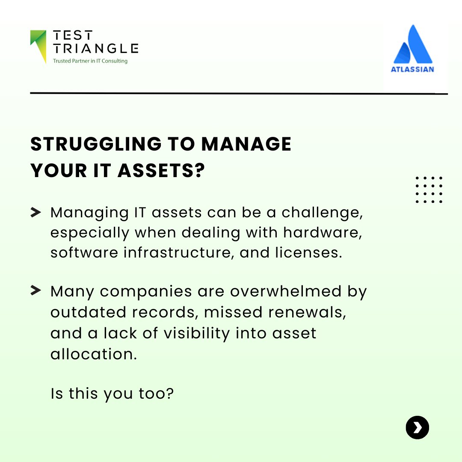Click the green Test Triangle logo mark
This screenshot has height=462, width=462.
coord(38,45)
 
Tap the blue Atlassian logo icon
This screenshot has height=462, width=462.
coord(413,44)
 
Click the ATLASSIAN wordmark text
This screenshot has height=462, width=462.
coord(412,69)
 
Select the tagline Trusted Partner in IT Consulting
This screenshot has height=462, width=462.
coord(90,61)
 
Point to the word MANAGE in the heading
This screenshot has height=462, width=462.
coord(246,145)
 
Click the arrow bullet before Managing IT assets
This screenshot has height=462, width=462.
coord(36,212)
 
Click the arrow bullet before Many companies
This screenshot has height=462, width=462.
coord(36,291)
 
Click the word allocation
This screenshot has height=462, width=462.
coord(93,353)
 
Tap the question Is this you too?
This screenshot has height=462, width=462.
coord(112,393)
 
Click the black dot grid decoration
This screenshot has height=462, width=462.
coord(429,190)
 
